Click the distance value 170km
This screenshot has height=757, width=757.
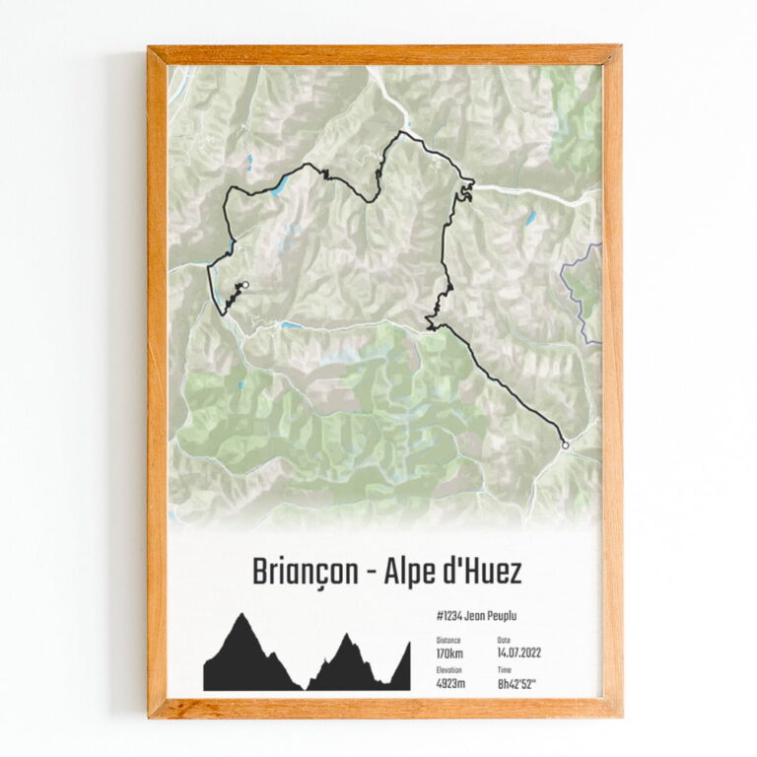pos(450,653)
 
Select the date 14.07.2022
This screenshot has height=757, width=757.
pos(519,653)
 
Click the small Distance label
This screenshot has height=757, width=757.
pos(447,640)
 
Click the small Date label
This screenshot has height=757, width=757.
pos(505,640)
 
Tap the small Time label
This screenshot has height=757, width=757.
pos(506,669)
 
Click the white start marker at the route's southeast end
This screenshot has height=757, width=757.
pos(565,446)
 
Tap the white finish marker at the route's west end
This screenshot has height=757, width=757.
pos(245,286)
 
